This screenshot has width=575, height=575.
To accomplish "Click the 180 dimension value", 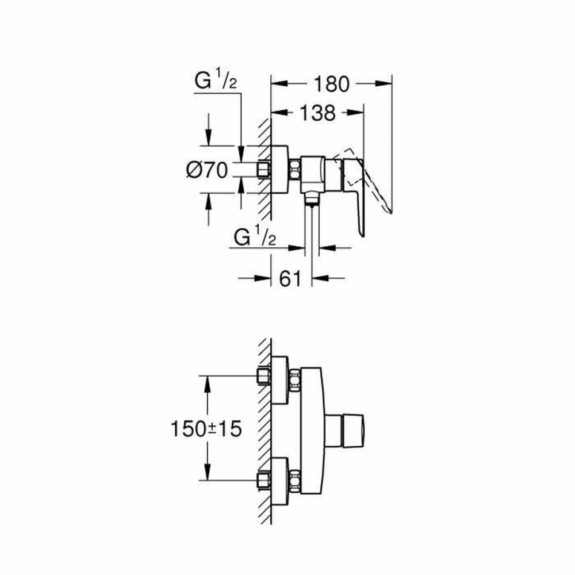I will pos(331,84).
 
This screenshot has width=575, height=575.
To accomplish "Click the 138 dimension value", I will pos(317,113).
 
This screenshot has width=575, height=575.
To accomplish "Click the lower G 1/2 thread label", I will pos(255,236).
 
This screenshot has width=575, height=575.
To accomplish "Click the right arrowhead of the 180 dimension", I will pos(386,84).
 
